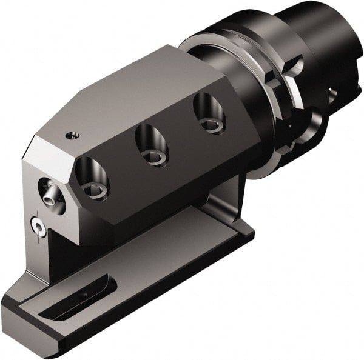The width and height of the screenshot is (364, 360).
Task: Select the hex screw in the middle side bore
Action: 152,156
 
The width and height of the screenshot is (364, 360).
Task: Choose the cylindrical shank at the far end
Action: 328,42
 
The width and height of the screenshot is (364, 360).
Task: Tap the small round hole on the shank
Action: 332,94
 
